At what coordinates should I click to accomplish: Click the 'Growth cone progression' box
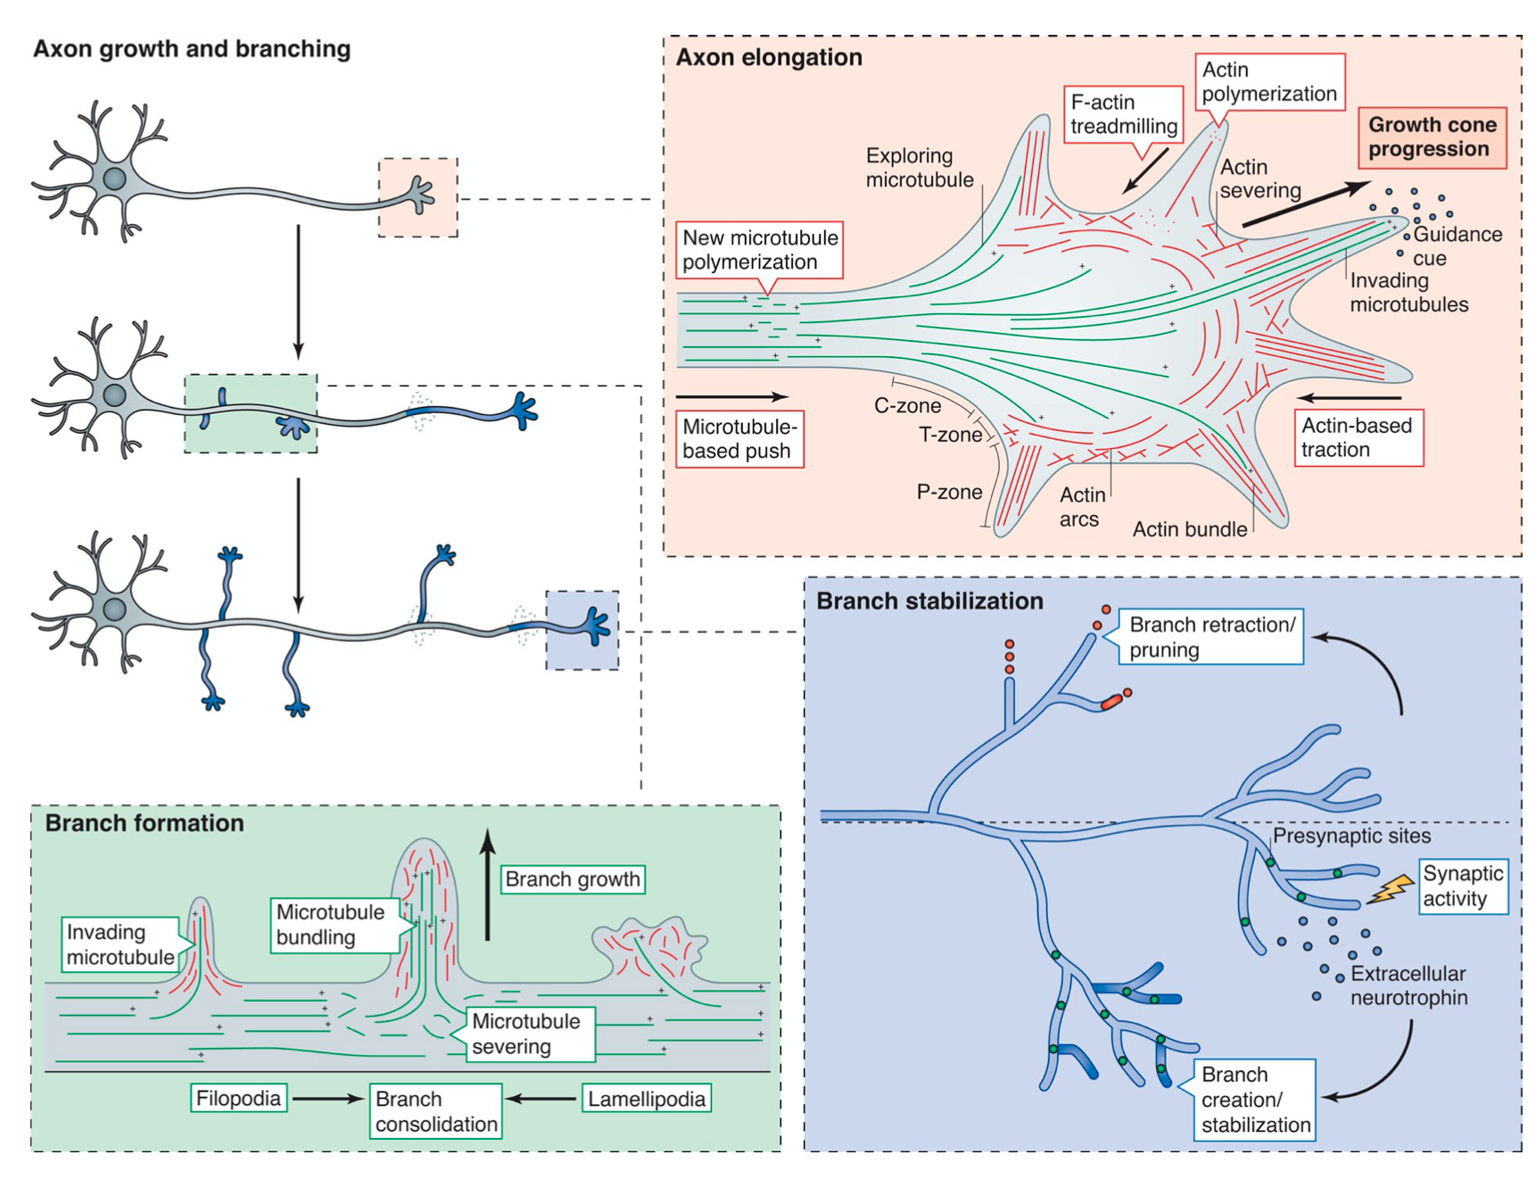pos(1432,137)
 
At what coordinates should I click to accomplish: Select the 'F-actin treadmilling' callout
pos(1123,114)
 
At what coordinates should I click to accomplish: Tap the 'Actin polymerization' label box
pos(1269,81)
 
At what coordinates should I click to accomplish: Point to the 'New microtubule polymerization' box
pos(760,250)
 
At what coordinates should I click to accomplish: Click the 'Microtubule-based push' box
pos(739,438)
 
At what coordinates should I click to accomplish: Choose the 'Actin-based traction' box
pos(1358,437)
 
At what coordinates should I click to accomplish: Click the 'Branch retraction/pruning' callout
pos(1210,636)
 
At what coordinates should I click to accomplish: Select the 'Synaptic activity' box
pos(1463,886)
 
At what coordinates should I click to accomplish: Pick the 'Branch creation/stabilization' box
pos(1255,1100)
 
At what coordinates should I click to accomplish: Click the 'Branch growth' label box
pos(573,879)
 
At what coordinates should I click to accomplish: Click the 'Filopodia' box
pos(239,1098)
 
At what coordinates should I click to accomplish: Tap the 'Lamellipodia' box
pos(647,1099)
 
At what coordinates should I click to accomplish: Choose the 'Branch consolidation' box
pos(436,1111)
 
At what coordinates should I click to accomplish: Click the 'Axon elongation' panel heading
pos(769,57)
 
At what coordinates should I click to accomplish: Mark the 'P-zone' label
pos(949,492)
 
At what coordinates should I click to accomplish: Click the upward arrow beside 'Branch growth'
pos(487,884)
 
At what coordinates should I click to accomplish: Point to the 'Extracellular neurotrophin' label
pos(1408,985)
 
